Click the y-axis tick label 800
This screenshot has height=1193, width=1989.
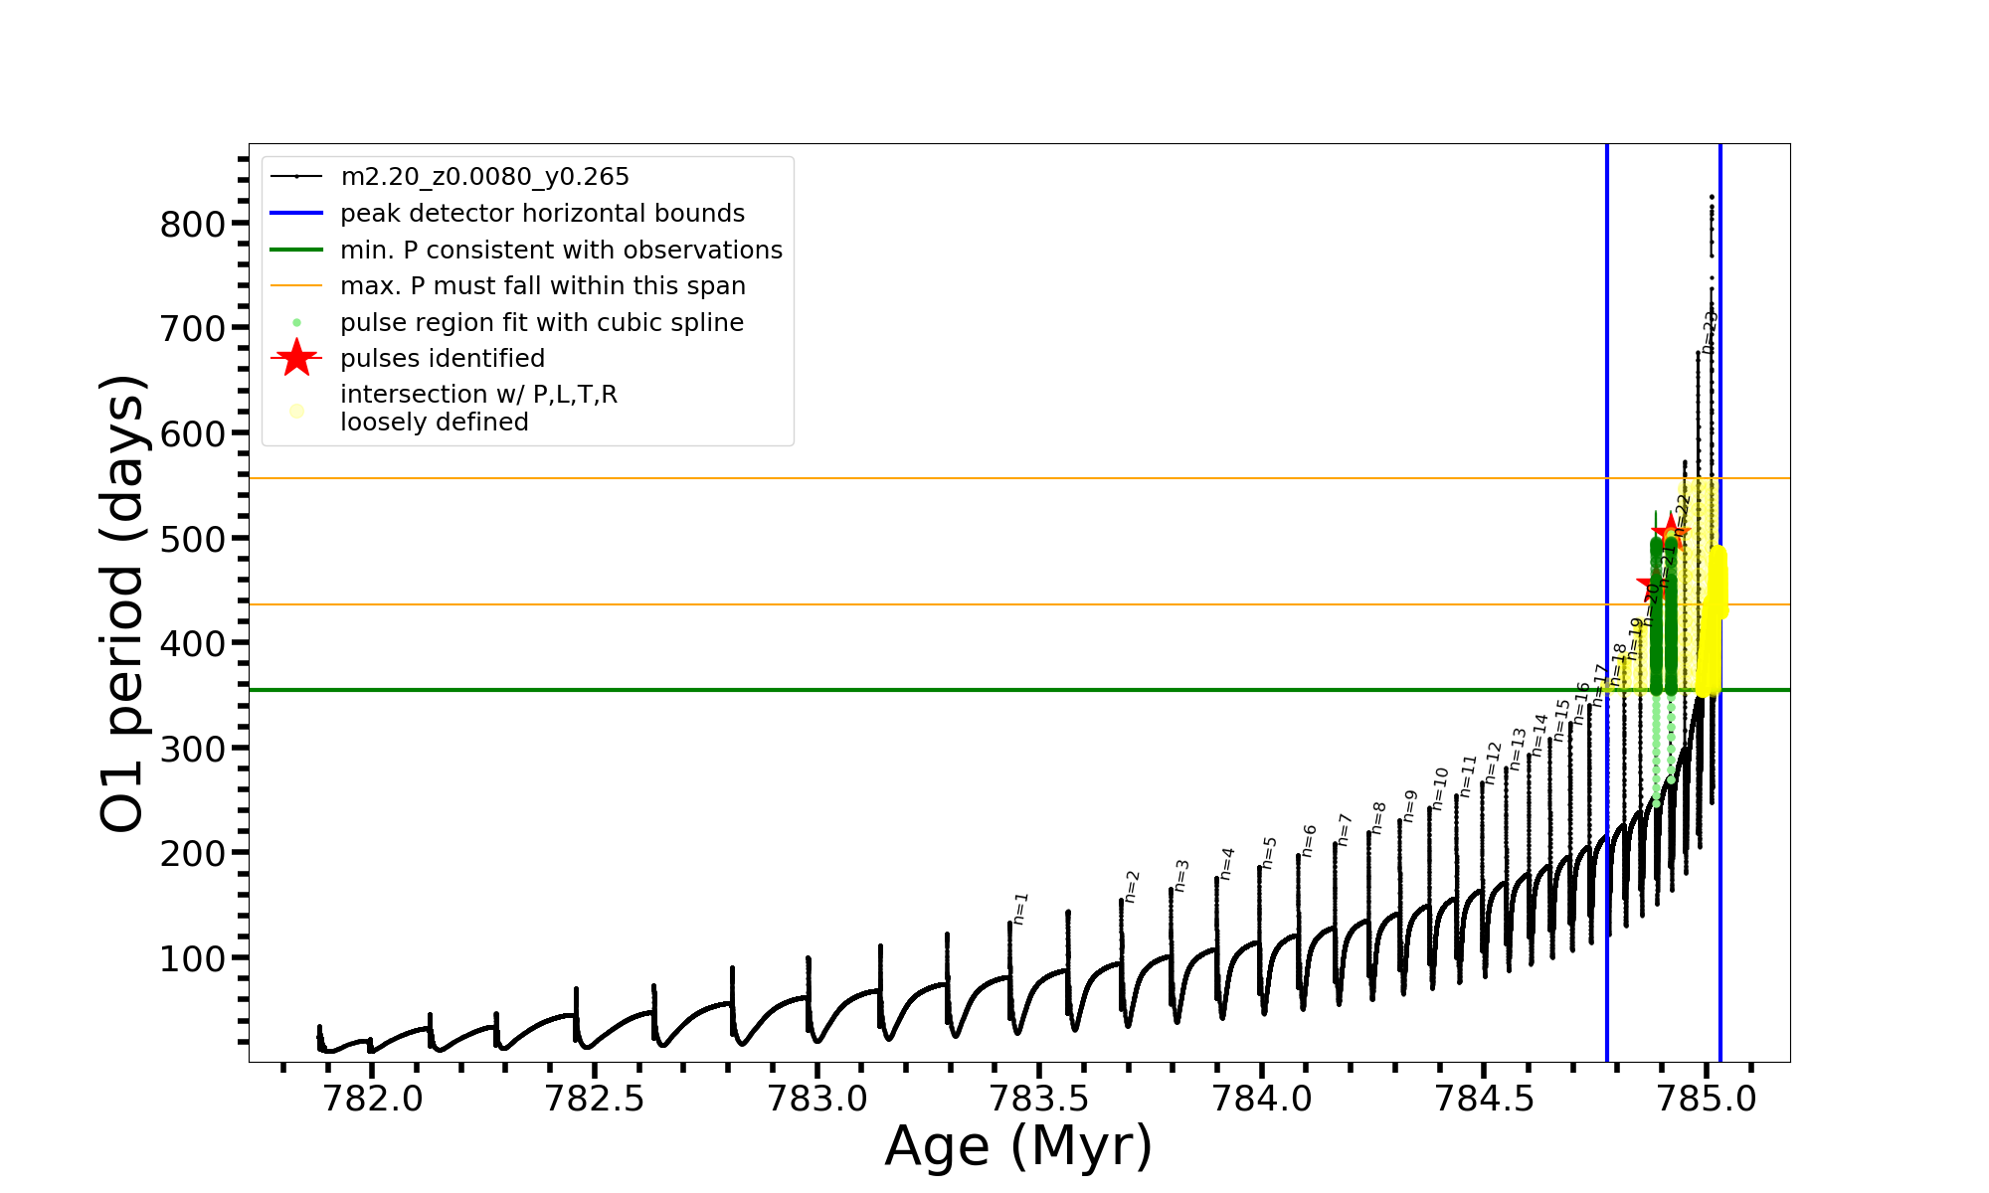(x=193, y=224)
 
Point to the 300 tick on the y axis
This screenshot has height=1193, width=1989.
(x=193, y=749)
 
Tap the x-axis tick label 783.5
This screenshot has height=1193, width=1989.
(x=1039, y=1099)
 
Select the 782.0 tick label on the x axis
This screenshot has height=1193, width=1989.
(x=372, y=1099)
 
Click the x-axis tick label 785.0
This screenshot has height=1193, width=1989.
(x=1707, y=1099)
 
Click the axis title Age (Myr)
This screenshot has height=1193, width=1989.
(x=1018, y=1146)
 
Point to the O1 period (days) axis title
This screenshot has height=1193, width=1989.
(x=123, y=602)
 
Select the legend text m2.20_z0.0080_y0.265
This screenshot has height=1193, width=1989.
(x=484, y=177)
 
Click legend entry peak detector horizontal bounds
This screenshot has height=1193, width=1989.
(x=542, y=214)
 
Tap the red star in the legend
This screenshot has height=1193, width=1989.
(x=296, y=358)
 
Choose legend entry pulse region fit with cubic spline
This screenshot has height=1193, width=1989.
(x=541, y=323)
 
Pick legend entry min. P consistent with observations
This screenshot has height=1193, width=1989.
(x=561, y=251)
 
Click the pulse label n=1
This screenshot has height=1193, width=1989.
(x=1020, y=908)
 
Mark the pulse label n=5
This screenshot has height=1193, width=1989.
(x=1269, y=852)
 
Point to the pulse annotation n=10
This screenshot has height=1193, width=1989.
(x=1440, y=787)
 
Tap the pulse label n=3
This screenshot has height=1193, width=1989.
(x=1181, y=875)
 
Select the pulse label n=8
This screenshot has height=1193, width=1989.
(x=1378, y=817)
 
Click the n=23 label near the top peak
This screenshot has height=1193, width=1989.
(x=1710, y=332)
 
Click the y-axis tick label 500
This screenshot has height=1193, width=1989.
(x=193, y=539)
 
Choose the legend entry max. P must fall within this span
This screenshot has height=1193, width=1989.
(x=542, y=286)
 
